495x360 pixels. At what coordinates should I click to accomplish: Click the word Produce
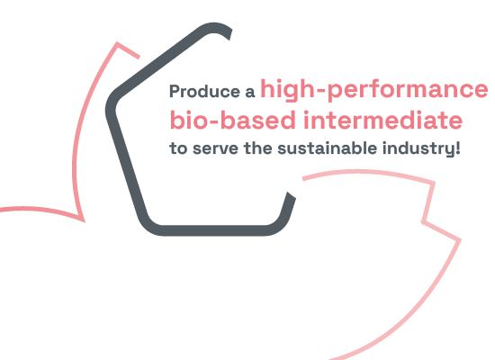(x=204, y=92)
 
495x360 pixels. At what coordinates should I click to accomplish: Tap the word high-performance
(x=374, y=90)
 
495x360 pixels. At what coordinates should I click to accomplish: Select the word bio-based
(x=233, y=120)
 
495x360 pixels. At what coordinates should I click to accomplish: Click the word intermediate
(x=382, y=120)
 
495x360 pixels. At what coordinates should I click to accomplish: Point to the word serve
(x=215, y=148)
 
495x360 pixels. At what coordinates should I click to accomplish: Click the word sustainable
(x=327, y=148)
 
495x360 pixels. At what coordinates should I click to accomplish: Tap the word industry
(x=418, y=148)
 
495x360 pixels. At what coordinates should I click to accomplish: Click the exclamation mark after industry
(x=458, y=148)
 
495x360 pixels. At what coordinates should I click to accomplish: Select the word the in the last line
(x=258, y=148)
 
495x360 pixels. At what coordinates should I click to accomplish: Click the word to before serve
(x=178, y=148)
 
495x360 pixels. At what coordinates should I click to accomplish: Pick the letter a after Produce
(x=249, y=92)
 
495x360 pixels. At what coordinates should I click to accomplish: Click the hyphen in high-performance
(x=320, y=92)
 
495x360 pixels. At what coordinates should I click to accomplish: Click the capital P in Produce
(x=175, y=92)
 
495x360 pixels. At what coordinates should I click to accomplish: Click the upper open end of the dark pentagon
(x=229, y=34)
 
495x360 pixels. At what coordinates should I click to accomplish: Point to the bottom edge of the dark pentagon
(x=213, y=230)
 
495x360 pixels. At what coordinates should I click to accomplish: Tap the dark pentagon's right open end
(x=291, y=195)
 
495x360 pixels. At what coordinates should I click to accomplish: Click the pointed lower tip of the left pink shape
(x=84, y=221)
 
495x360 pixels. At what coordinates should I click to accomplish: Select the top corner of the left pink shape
(x=117, y=43)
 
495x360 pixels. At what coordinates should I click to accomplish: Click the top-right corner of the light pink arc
(x=434, y=183)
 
